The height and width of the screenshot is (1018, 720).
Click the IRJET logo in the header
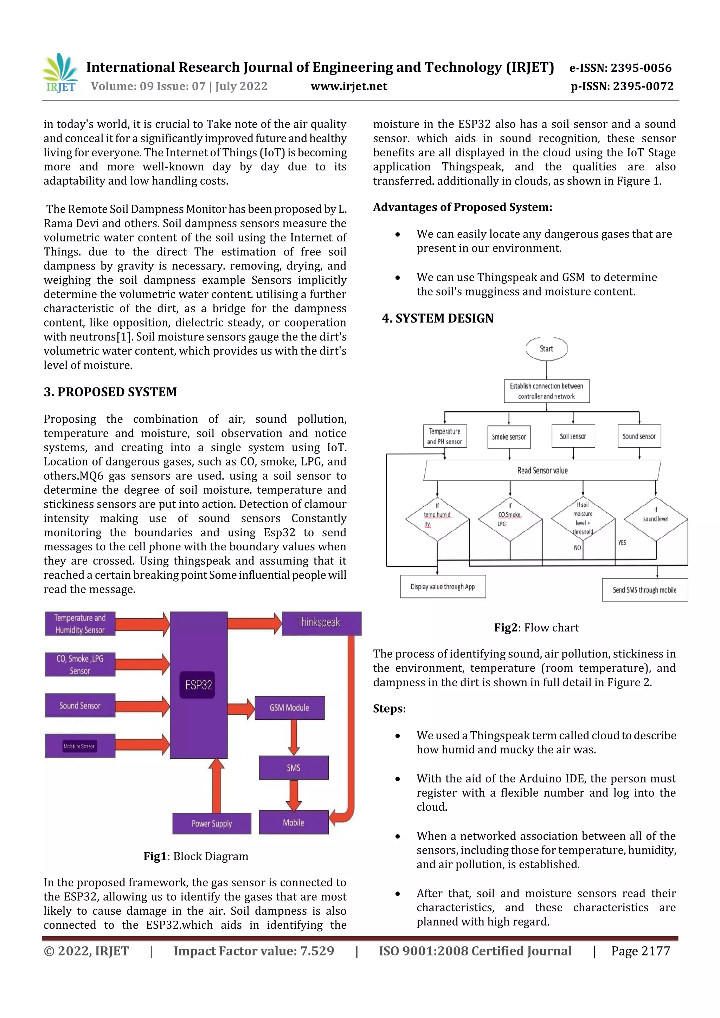[x=61, y=73]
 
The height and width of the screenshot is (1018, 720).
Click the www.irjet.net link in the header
[x=349, y=86]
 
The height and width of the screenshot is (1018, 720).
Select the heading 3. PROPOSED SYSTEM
[x=110, y=392]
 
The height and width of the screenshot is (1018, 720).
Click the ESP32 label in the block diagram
[x=198, y=685]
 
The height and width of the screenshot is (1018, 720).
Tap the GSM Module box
[x=289, y=708]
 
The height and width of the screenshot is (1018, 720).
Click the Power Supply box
[x=212, y=824]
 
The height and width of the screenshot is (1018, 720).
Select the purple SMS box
[x=293, y=767]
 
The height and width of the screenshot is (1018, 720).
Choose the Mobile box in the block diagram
[x=293, y=823]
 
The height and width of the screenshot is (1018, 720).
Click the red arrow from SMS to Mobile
[x=293, y=795]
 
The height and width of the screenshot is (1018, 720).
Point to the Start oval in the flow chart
[x=547, y=349]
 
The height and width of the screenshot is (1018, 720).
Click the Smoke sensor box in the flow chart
[x=509, y=437]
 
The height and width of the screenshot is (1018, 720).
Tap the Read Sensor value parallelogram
[x=542, y=471]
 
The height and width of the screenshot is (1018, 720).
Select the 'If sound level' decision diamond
[x=656, y=518]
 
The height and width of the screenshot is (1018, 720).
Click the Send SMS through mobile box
[x=644, y=590]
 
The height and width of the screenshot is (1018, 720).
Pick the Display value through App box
[x=443, y=586]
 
